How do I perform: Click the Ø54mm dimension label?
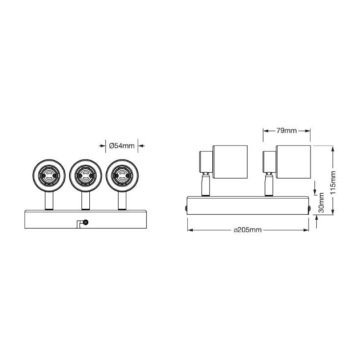[122, 145]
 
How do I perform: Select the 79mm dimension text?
[286, 130]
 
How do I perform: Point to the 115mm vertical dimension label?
[333, 182]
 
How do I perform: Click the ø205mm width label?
[248, 230]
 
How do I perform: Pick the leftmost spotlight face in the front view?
[49, 175]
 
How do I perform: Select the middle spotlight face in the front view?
[85, 175]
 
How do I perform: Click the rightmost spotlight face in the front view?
[122, 175]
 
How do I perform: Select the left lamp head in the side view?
[230, 159]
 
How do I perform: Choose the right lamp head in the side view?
[293, 159]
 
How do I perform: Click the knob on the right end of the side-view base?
[309, 208]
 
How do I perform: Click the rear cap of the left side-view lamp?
[204, 161]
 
